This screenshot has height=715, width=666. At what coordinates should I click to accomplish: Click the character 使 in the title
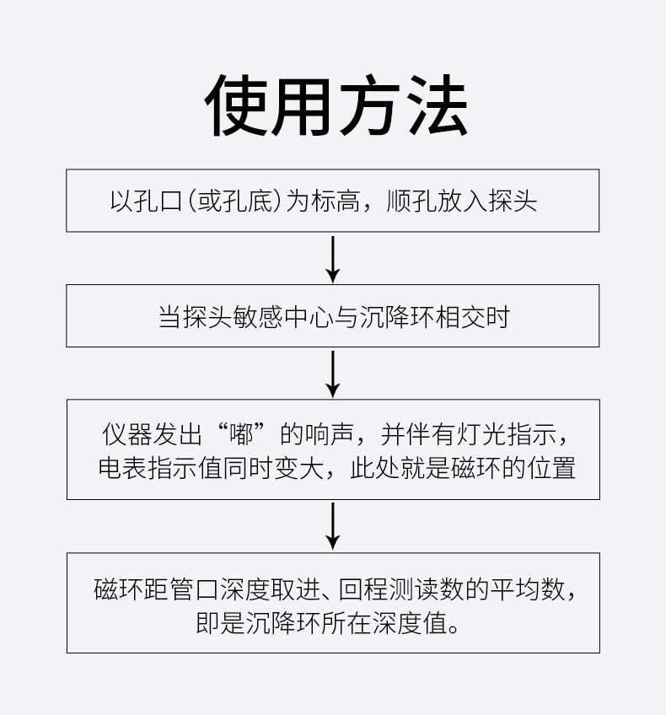pos(236,105)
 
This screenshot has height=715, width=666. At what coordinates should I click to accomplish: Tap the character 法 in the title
pos(436,105)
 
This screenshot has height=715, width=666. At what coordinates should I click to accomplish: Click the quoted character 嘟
pos(242,433)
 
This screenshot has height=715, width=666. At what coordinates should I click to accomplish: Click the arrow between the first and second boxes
pos(333,260)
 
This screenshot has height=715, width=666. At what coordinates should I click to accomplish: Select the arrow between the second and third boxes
pos(333,374)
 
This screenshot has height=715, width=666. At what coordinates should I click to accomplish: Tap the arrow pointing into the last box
pos(333,526)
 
